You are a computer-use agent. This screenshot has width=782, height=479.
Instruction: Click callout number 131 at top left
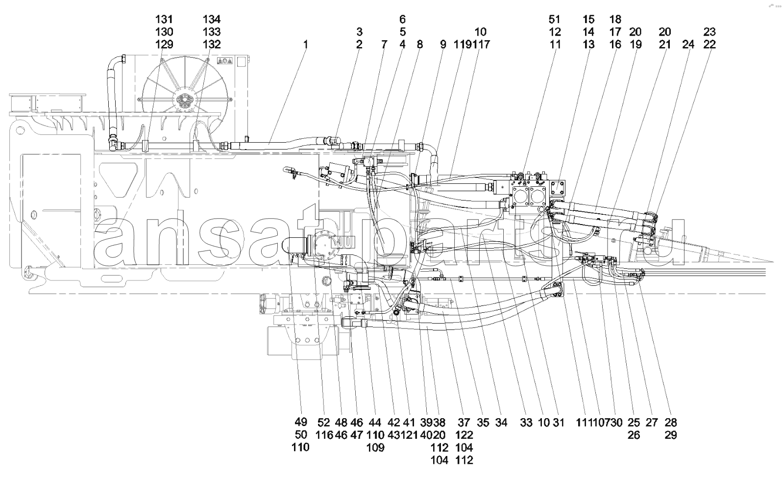(x=164, y=20)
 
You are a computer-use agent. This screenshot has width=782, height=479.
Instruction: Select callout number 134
(x=212, y=20)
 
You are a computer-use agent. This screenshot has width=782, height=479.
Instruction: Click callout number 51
(x=554, y=20)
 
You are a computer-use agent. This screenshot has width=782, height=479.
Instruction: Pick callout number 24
(x=688, y=45)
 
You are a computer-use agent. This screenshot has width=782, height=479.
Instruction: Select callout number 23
(x=709, y=32)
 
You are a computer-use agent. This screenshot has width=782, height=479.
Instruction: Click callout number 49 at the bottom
(x=301, y=422)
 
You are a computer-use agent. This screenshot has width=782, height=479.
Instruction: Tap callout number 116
(x=324, y=435)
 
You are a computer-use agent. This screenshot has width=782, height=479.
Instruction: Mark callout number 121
(x=410, y=435)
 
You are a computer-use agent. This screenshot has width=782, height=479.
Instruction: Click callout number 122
(x=464, y=435)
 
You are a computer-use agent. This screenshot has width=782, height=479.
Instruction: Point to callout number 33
(x=526, y=422)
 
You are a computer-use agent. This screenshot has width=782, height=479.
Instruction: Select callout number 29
(x=670, y=435)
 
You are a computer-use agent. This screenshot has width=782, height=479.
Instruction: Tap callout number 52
(x=324, y=422)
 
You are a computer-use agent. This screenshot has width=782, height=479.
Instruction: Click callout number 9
(x=443, y=45)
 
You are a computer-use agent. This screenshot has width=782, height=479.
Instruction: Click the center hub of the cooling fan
(x=185, y=101)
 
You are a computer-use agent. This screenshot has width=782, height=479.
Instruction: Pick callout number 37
(x=464, y=422)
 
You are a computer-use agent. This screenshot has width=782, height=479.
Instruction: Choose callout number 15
(x=588, y=20)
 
